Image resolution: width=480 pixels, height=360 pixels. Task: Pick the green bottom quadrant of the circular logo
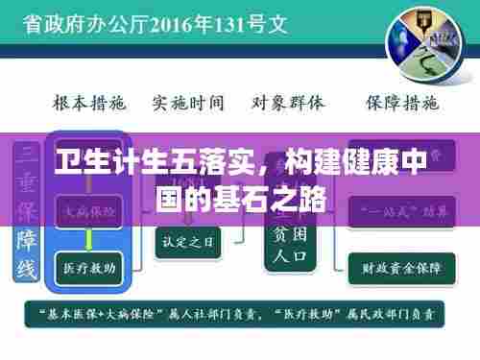(x=423, y=63)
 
